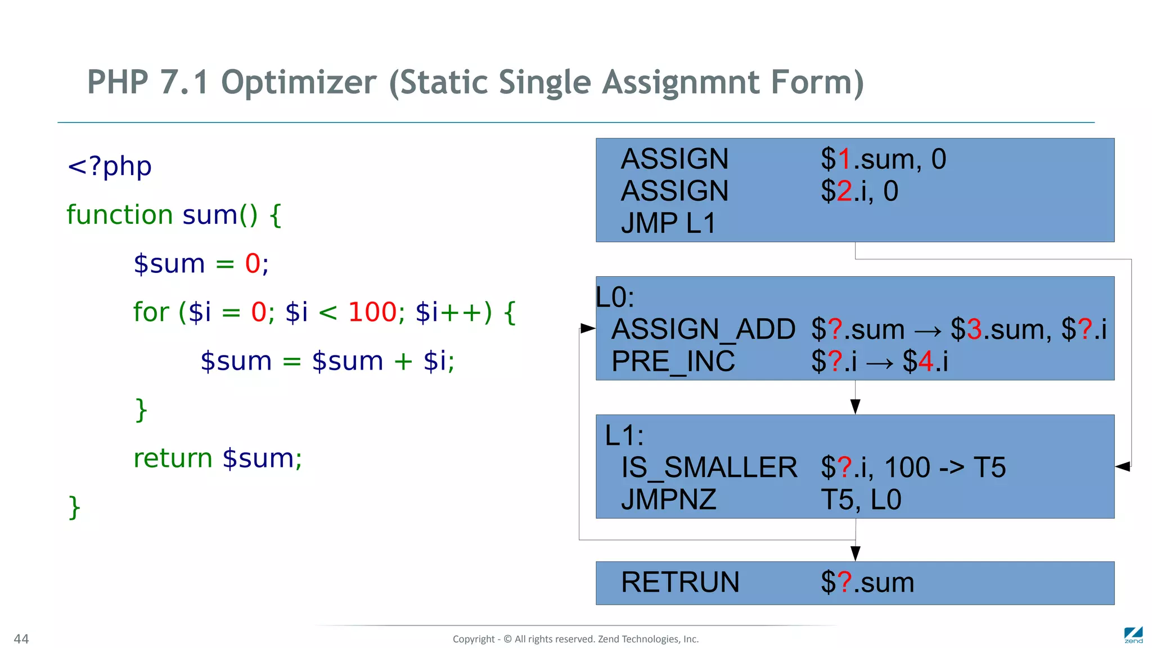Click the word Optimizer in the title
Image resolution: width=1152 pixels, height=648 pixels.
[x=298, y=83]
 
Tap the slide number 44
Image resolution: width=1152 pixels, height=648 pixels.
[x=21, y=639]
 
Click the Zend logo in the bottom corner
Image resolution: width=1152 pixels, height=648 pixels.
[x=1133, y=635]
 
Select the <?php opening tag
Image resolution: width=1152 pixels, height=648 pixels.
[x=109, y=166]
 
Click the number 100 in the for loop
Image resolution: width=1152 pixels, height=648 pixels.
[x=372, y=312]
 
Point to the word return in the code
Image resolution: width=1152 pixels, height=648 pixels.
[x=173, y=458]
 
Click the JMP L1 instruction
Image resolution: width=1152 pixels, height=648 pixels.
[x=668, y=223]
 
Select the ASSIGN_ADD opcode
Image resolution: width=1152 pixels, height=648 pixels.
[x=703, y=330]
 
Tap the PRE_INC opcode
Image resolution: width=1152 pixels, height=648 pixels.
[x=673, y=362]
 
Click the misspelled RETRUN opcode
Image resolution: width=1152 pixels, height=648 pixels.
[x=679, y=583]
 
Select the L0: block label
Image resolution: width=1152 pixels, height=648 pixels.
[x=615, y=298]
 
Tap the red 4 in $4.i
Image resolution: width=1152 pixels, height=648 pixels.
[x=926, y=362]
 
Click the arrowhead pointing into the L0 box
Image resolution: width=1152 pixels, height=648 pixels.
[x=588, y=328]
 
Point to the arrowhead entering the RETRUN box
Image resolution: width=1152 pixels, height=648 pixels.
[x=855, y=553]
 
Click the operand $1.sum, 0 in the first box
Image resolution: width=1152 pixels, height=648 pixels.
[x=883, y=159]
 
